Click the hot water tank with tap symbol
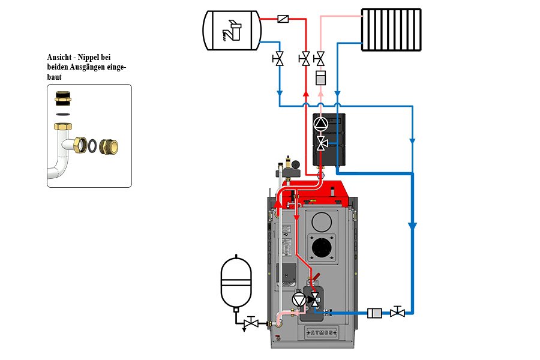click(232, 31)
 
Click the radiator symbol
click(392, 29)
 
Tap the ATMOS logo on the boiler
click(322, 333)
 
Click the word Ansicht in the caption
click(59, 57)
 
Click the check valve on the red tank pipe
click(283, 19)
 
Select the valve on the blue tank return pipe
click(278, 59)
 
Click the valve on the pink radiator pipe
click(320, 59)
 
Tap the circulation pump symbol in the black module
click(320, 124)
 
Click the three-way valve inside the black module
click(322, 143)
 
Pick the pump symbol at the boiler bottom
click(299, 300)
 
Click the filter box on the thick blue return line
click(374, 313)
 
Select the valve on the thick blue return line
click(397, 312)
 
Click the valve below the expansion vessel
click(251, 323)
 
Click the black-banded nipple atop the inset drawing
click(63, 98)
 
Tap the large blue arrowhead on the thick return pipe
click(413, 226)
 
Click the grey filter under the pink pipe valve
click(320, 78)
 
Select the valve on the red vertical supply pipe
click(305, 59)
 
